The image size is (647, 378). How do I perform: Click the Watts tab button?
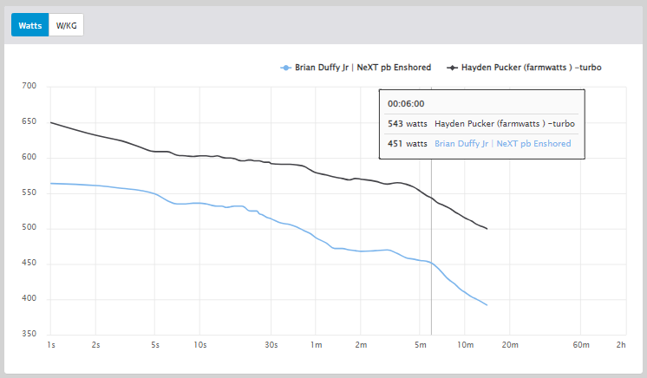click(30, 25)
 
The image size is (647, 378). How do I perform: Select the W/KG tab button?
click(66, 25)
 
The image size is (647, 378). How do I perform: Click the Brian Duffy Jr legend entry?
click(357, 67)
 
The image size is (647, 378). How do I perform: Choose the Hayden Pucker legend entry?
click(525, 67)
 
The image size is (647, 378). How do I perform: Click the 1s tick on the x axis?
click(51, 345)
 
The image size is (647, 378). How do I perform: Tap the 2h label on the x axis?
click(620, 345)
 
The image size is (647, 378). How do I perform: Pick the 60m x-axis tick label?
click(581, 345)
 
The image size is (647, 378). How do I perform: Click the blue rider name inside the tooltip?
click(502, 144)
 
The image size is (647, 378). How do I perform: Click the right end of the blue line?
click(487, 305)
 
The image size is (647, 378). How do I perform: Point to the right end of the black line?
click(487, 229)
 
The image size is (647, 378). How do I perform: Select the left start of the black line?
click(51, 122)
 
